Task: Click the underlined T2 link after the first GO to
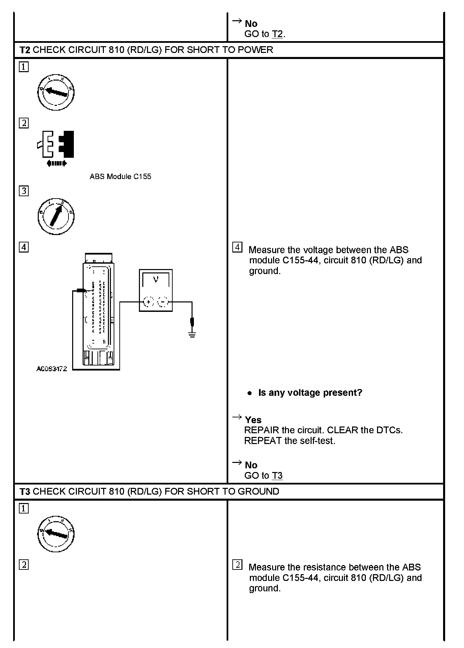277,34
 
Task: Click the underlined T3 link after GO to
277,476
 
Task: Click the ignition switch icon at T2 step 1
56,92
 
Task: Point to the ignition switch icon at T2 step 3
56,216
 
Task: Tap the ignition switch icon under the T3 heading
56,534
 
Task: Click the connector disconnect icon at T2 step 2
56,148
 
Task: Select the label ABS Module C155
120,177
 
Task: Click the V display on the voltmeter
156,280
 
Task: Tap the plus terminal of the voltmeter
148,302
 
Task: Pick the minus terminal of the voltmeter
163,302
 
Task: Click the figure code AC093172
52,369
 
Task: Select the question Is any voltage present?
310,393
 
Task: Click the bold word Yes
253,420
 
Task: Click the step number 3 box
24,191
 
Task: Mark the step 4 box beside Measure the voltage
237,247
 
